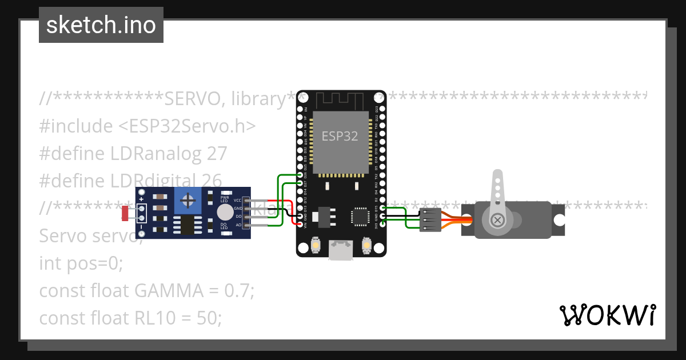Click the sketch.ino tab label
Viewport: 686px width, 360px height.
[101, 25]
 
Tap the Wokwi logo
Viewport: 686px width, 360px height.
[607, 315]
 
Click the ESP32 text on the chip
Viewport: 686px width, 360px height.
[340, 136]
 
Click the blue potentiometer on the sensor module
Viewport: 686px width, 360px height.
[187, 201]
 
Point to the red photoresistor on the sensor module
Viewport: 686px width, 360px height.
[125, 214]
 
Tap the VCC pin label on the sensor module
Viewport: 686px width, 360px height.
[237, 201]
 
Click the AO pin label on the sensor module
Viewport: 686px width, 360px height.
[238, 225]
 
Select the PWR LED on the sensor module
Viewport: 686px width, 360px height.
[225, 194]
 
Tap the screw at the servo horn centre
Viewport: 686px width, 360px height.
[498, 219]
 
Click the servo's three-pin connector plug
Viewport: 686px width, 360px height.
[430, 219]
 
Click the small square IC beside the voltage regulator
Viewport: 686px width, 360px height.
[360, 217]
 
